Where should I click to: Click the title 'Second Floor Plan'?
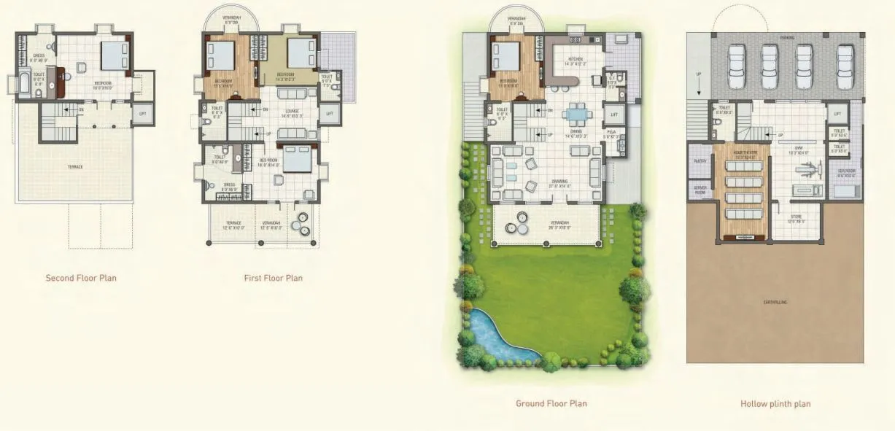click(x=81, y=278)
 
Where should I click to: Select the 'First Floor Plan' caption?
click(x=273, y=278)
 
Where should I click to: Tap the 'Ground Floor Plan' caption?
click(x=551, y=403)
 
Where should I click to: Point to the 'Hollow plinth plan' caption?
click(x=775, y=403)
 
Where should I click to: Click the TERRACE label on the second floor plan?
click(x=75, y=167)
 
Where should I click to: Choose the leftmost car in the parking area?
click(x=735, y=66)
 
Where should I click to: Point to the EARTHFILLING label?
click(x=775, y=301)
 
